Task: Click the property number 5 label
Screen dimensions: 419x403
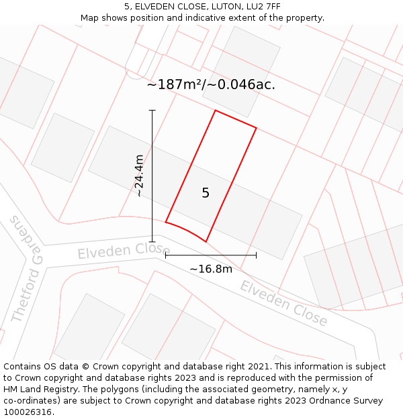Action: [206, 193]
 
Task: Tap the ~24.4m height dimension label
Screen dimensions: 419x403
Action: [139, 176]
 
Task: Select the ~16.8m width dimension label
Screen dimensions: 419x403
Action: [210, 269]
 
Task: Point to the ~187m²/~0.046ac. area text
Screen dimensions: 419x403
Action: [211, 85]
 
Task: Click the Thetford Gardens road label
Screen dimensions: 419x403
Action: [28, 268]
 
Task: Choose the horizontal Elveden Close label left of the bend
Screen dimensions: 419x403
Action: [123, 251]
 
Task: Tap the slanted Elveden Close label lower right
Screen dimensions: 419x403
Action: [283, 304]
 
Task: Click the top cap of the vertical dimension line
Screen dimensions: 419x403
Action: [152, 111]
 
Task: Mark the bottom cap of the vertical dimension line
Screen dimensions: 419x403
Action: [152, 241]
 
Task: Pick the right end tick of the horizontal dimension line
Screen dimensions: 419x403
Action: [256, 255]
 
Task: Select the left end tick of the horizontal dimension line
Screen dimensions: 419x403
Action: [165, 255]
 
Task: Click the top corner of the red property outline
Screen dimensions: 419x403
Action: [215, 111]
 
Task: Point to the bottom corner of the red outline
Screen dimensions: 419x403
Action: [206, 241]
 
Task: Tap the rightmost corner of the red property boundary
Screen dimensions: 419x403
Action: [256, 127]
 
